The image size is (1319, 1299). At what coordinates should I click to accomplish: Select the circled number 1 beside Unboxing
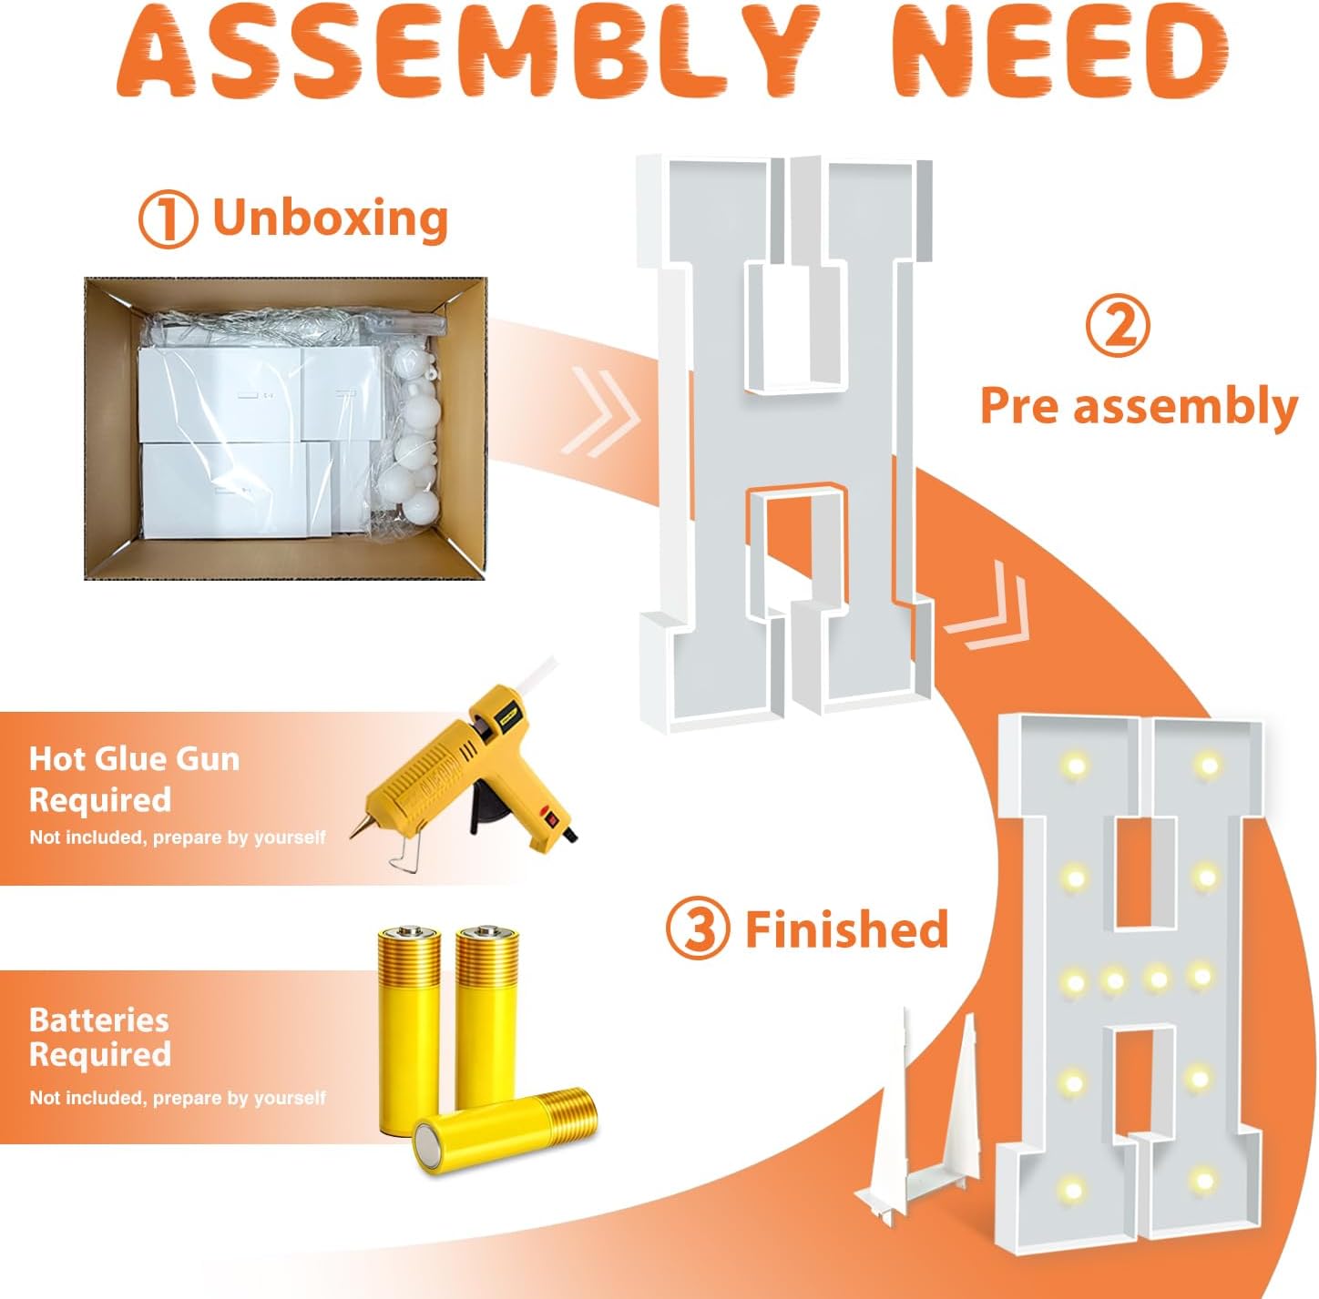pos(168,218)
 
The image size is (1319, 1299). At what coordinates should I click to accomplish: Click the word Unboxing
pos(331,218)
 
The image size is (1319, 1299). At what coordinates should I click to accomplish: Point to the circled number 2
pos(1117,327)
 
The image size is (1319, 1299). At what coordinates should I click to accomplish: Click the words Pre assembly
pos(1139,407)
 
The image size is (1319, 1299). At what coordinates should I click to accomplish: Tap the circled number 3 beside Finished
pos(696,929)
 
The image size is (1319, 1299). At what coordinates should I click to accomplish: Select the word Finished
pos(846,929)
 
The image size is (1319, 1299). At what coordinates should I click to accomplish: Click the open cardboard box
pos(285,428)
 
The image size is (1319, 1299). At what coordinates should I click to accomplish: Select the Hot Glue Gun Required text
pos(135,779)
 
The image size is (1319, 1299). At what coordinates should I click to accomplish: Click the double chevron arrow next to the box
pos(600,412)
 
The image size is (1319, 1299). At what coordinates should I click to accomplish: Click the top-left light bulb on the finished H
pos(1075,764)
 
